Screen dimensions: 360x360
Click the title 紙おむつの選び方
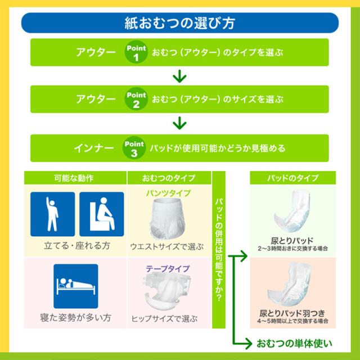[180, 23]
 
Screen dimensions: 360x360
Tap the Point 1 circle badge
[136, 52]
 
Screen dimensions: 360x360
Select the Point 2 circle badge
[136, 99]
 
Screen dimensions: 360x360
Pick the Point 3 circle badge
[134, 148]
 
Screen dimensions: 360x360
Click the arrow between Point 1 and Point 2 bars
[179, 76]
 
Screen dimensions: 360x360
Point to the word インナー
[94, 148]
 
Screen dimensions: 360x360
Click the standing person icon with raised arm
[52, 214]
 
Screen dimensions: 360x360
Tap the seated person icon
[102, 214]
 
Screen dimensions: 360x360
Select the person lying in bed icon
[76, 286]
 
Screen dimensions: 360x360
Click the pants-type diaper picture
[168, 219]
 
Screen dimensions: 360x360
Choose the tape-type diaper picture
[167, 291]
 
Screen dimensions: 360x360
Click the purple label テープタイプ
[168, 268]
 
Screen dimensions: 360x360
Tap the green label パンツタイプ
[169, 193]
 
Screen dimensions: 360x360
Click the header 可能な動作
[74, 178]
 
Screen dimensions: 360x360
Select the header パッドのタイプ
[292, 178]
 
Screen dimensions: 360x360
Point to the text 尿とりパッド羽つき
[292, 313]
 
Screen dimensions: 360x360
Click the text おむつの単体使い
[294, 344]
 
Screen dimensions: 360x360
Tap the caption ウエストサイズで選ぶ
[167, 247]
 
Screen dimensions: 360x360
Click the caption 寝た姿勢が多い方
[75, 318]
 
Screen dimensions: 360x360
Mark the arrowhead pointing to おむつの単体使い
[249, 344]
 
